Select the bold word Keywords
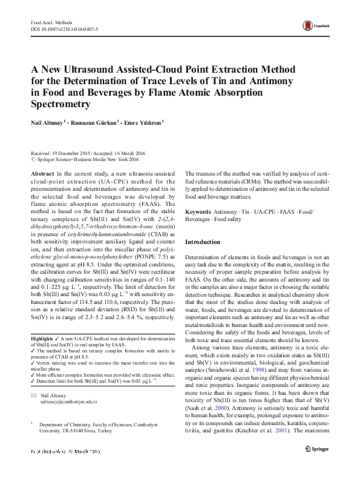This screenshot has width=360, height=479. (198, 212)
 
